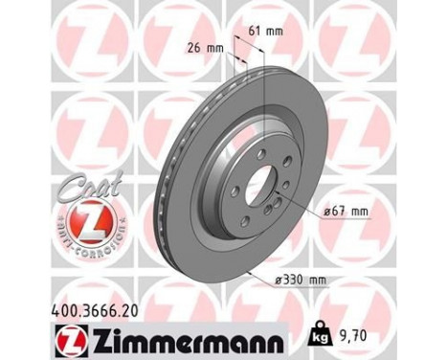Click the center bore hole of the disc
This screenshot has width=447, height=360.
[257, 181]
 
